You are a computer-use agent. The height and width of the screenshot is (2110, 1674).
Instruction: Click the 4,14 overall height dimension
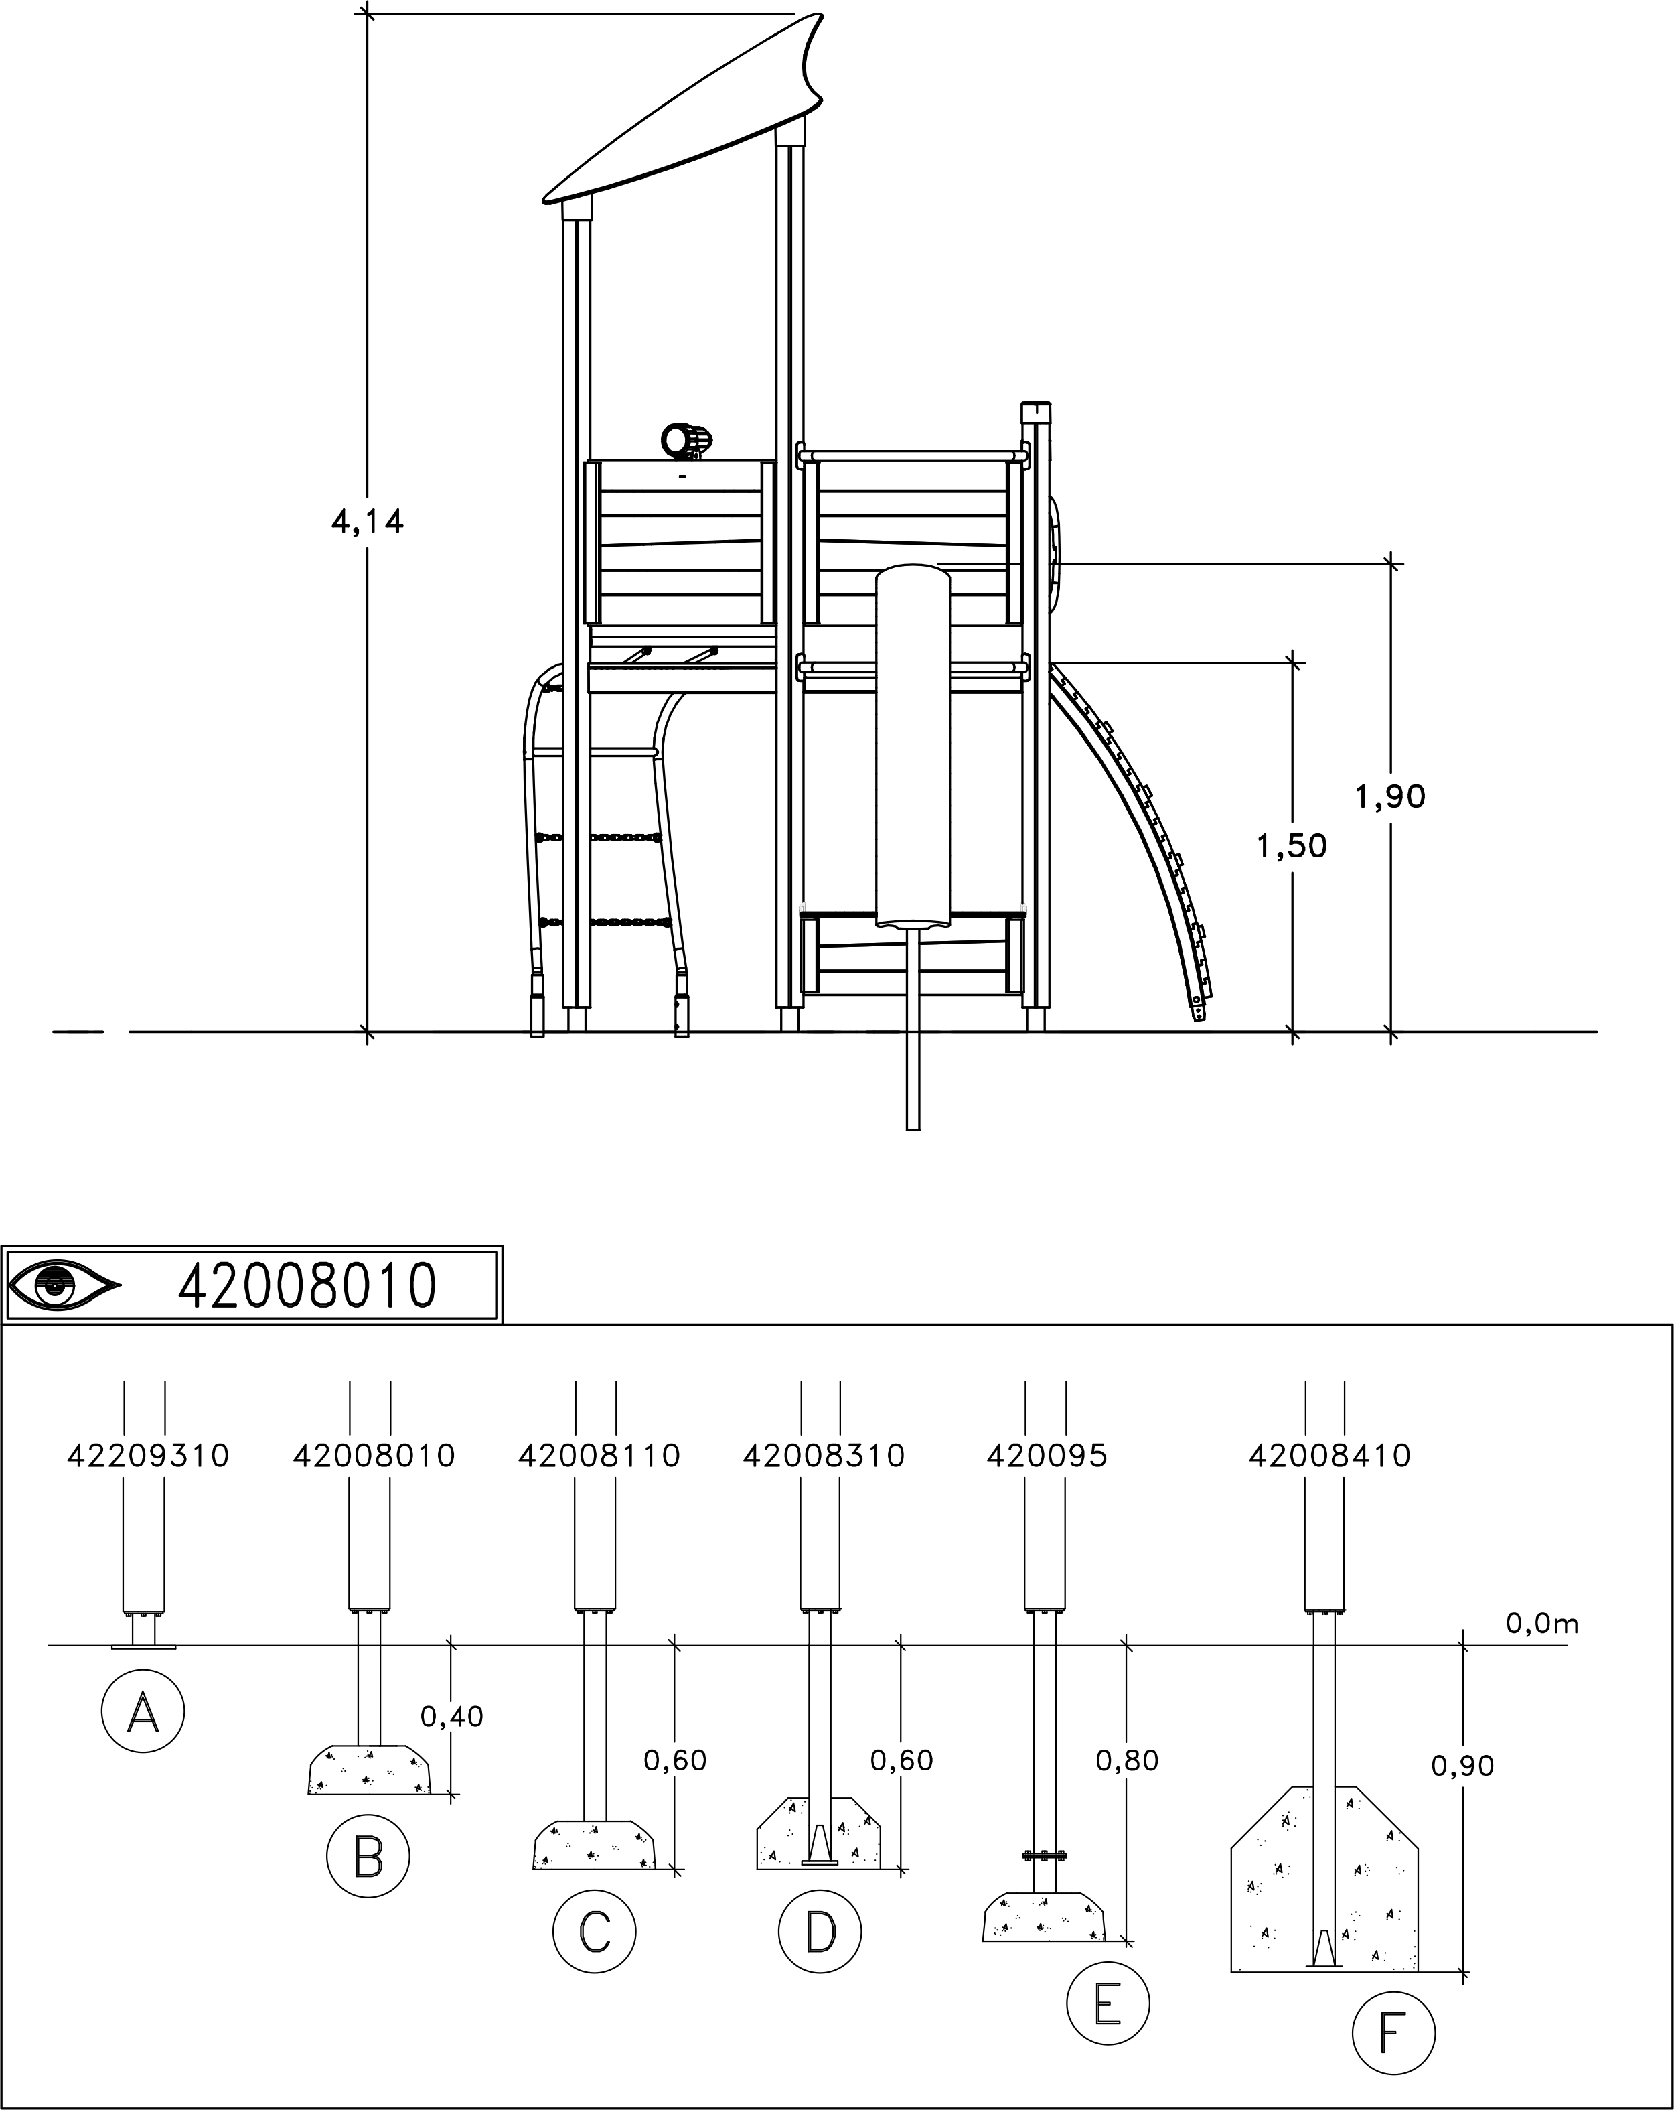[x=367, y=522]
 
